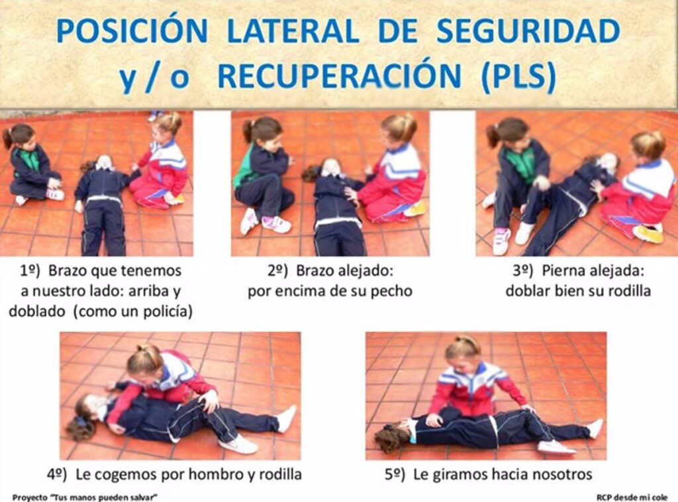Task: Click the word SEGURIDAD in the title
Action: point(528,31)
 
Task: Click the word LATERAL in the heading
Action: point(293,31)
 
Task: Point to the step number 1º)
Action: point(30,271)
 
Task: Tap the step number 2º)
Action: point(277,271)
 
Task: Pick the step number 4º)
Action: point(57,475)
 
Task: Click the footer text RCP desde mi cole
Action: point(632,497)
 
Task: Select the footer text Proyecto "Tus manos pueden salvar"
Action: point(85,497)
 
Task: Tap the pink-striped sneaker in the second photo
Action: point(276,224)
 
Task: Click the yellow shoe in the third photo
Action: point(648,234)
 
